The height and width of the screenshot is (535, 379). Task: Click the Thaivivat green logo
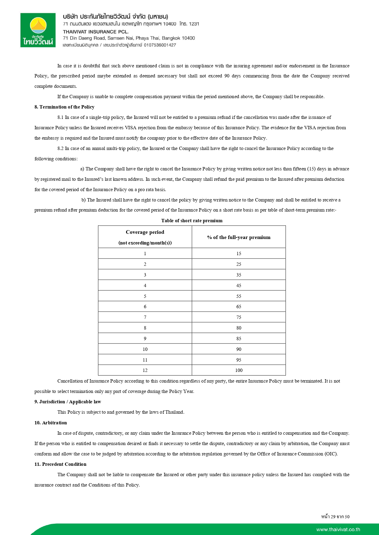click(38, 30)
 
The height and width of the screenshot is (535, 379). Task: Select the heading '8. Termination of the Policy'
click(64, 107)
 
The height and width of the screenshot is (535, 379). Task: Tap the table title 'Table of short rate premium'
click(192, 221)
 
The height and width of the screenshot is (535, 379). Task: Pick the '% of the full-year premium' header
click(239, 237)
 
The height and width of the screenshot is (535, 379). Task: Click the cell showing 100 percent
click(239, 370)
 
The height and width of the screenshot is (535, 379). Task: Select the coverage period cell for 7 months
click(145, 317)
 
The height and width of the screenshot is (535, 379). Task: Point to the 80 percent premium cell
click(239, 328)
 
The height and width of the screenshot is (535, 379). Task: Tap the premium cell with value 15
click(239, 254)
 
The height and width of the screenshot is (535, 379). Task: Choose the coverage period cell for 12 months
click(145, 370)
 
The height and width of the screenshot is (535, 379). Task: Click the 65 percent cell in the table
click(239, 307)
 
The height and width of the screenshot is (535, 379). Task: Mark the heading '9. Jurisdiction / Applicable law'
click(67, 402)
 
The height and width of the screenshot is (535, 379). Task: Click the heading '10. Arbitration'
click(50, 423)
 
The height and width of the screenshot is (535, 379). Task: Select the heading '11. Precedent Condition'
click(60, 464)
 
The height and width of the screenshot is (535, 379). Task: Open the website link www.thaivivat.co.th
click(338, 530)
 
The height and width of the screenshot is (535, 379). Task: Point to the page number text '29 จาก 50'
click(340, 517)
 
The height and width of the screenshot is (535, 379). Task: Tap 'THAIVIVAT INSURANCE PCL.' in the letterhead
click(96, 32)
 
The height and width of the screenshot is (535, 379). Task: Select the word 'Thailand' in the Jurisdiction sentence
click(174, 412)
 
